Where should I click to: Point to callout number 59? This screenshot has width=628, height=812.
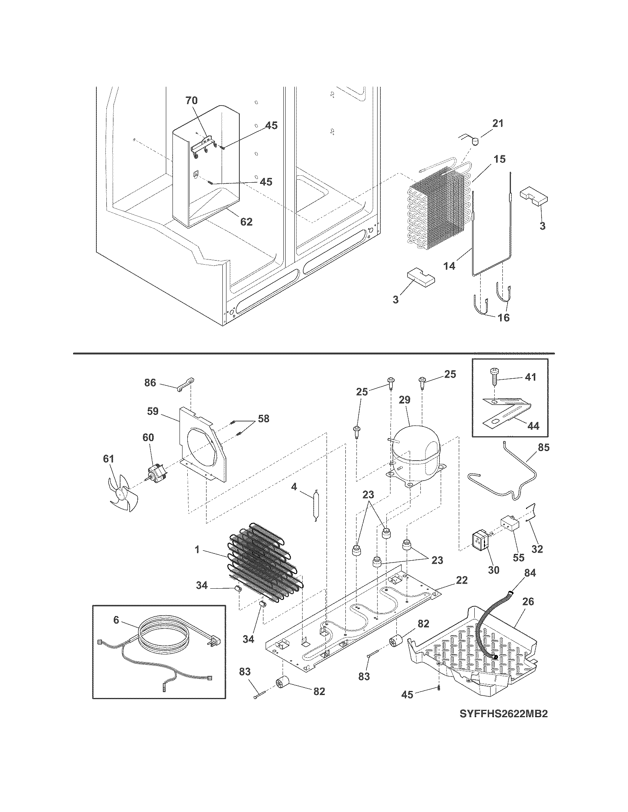(x=153, y=412)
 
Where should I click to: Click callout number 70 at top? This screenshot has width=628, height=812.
(x=192, y=100)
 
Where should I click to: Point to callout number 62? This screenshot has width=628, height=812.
(x=246, y=222)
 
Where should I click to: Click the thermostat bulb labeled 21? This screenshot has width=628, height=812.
(x=474, y=141)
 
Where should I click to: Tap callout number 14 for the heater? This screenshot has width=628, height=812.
(x=450, y=266)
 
